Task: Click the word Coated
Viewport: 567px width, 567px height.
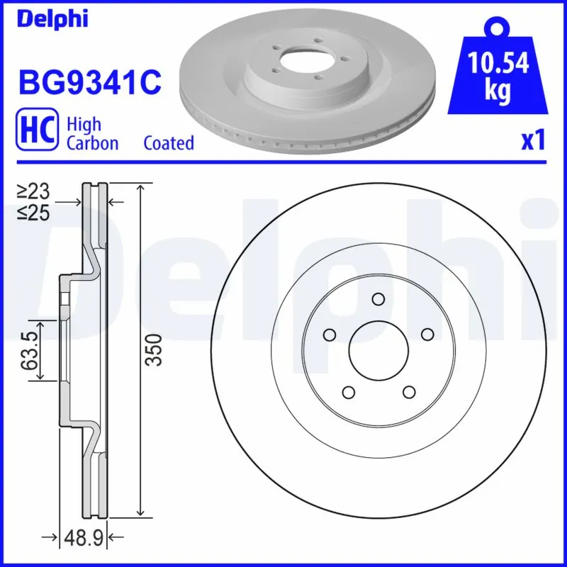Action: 169,143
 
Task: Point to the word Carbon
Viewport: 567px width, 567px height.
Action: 92,143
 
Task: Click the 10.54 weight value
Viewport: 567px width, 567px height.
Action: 498,64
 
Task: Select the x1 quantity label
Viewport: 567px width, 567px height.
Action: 533,142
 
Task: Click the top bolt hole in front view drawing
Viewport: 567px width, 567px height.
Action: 378,298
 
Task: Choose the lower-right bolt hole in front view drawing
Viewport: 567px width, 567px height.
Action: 409,391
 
